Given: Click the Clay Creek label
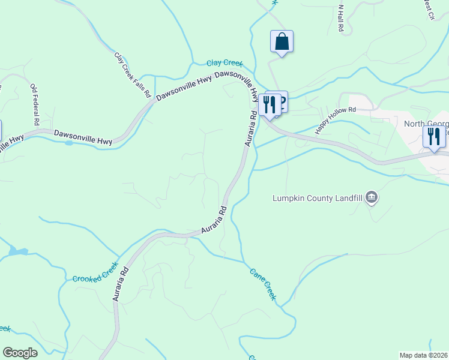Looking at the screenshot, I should click(x=224, y=62).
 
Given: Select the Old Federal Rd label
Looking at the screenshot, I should click(x=35, y=105).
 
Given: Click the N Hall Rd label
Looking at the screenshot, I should click(x=340, y=20).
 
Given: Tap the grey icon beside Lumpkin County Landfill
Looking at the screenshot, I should click(x=372, y=196).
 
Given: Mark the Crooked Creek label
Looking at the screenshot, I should click(x=95, y=272).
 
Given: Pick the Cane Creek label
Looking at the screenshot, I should click(x=264, y=284).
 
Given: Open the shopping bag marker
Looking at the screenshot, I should click(x=282, y=42).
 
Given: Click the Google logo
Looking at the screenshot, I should click(x=20, y=353).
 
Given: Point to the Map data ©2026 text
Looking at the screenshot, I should click(x=423, y=355).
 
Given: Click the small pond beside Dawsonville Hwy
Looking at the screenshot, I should click(x=69, y=143).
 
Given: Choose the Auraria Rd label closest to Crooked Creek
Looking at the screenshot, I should click(x=120, y=283).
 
